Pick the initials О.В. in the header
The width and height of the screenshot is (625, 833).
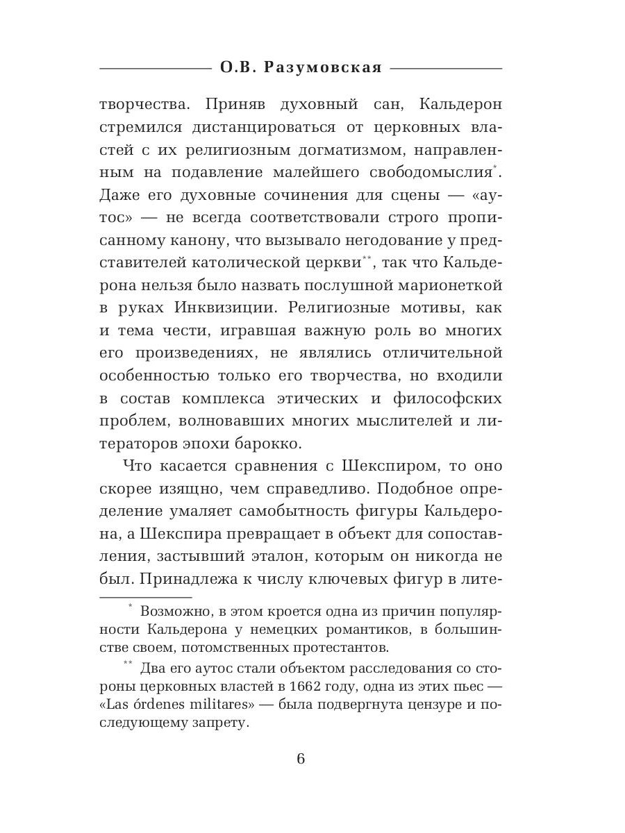(240, 67)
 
